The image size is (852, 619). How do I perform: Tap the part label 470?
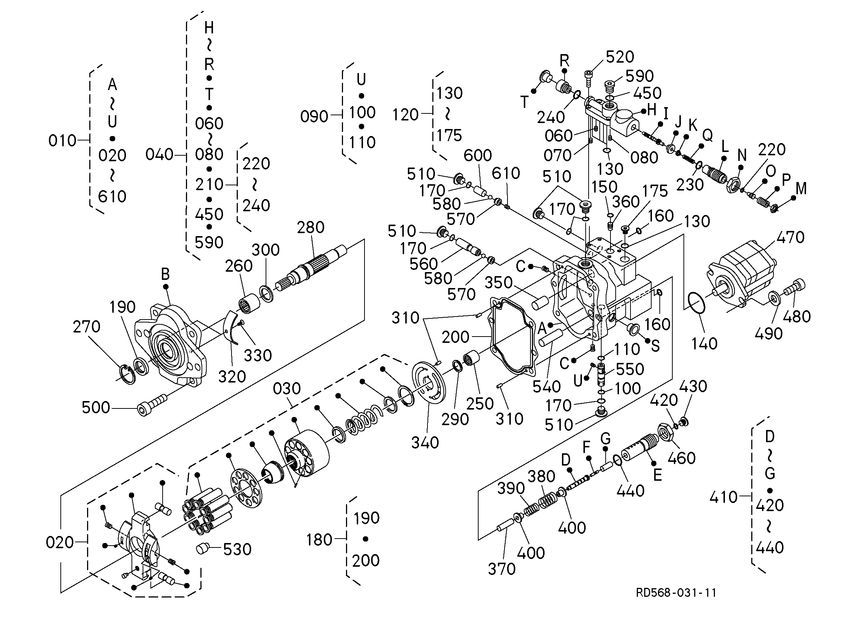(x=791, y=237)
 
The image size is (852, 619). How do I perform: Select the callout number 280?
(x=311, y=227)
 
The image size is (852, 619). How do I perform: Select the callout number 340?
(x=425, y=443)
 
